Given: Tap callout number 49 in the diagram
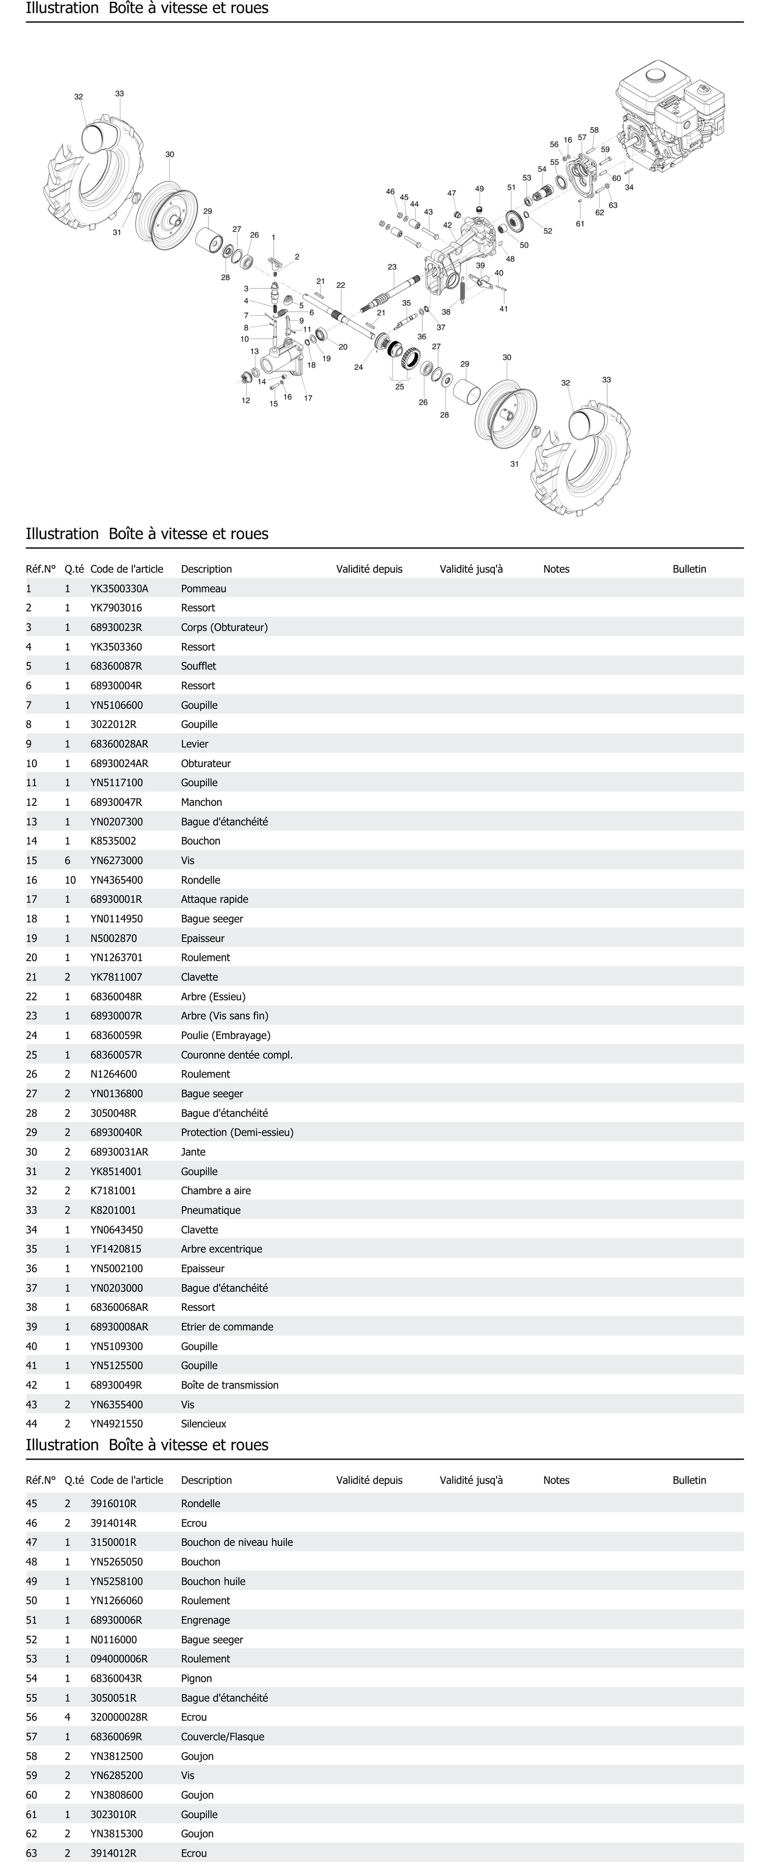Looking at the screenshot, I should (479, 189).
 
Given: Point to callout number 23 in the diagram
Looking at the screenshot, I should (392, 267).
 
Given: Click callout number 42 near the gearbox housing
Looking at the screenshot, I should (447, 225).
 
